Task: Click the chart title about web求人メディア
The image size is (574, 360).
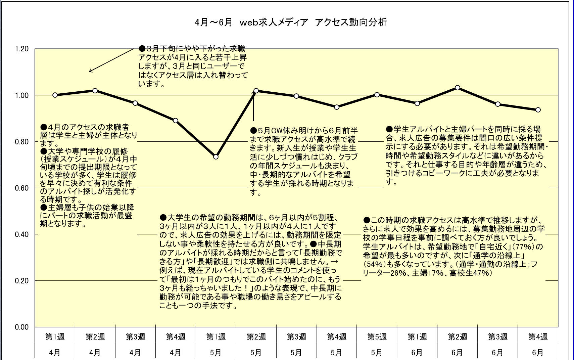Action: [291, 22]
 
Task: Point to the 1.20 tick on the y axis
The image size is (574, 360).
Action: [22, 49]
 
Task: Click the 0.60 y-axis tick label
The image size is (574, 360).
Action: [22, 188]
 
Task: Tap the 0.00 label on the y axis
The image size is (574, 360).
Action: [22, 327]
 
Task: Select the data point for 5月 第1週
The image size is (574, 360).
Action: [216, 157]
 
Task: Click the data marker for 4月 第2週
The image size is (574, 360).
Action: [95, 91]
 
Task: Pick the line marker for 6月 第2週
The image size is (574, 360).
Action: [458, 88]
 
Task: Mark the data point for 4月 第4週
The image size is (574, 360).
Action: [176, 121]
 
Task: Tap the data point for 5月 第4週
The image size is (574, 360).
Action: [337, 107]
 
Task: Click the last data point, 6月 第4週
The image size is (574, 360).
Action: [538, 110]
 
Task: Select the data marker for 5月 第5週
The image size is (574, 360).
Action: [377, 95]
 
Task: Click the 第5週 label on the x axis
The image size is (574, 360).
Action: [377, 336]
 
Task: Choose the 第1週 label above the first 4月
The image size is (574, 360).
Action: [55, 336]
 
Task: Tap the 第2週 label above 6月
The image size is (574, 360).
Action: [457, 336]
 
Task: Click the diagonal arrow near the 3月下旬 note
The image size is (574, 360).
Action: [111, 60]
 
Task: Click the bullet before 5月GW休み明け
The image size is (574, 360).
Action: [253, 130]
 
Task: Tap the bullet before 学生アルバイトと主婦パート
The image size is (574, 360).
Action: [389, 129]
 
